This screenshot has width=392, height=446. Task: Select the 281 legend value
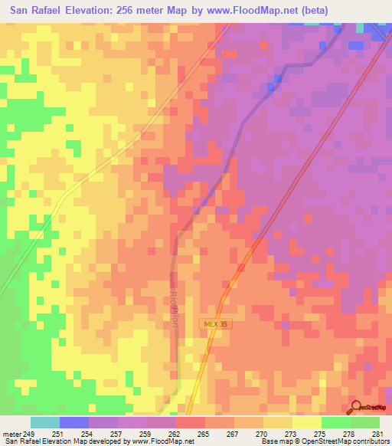[379, 433]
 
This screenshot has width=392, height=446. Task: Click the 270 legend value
[263, 433]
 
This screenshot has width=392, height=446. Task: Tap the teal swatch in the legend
[44, 422]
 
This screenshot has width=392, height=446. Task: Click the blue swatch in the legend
[73, 422]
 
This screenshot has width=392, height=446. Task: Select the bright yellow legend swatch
[306, 422]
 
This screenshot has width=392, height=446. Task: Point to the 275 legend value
[321, 433]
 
